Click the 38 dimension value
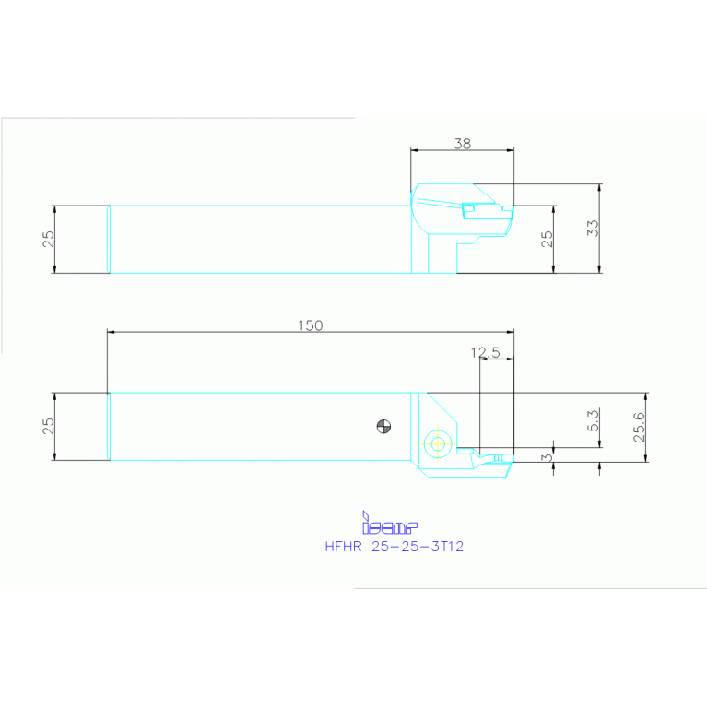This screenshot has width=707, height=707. [463, 143]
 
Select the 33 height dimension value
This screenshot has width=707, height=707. [593, 228]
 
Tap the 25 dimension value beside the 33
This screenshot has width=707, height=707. [547, 239]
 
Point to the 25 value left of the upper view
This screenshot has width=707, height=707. [49, 239]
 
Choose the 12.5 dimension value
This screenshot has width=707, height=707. [485, 352]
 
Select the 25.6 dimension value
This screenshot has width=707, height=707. [639, 427]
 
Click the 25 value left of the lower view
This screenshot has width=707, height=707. [49, 426]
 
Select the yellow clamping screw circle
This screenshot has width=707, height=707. [436, 444]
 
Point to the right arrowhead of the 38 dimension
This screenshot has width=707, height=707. [510, 150]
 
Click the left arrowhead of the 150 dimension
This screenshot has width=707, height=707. [111, 332]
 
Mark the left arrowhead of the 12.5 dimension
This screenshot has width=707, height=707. [482, 359]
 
